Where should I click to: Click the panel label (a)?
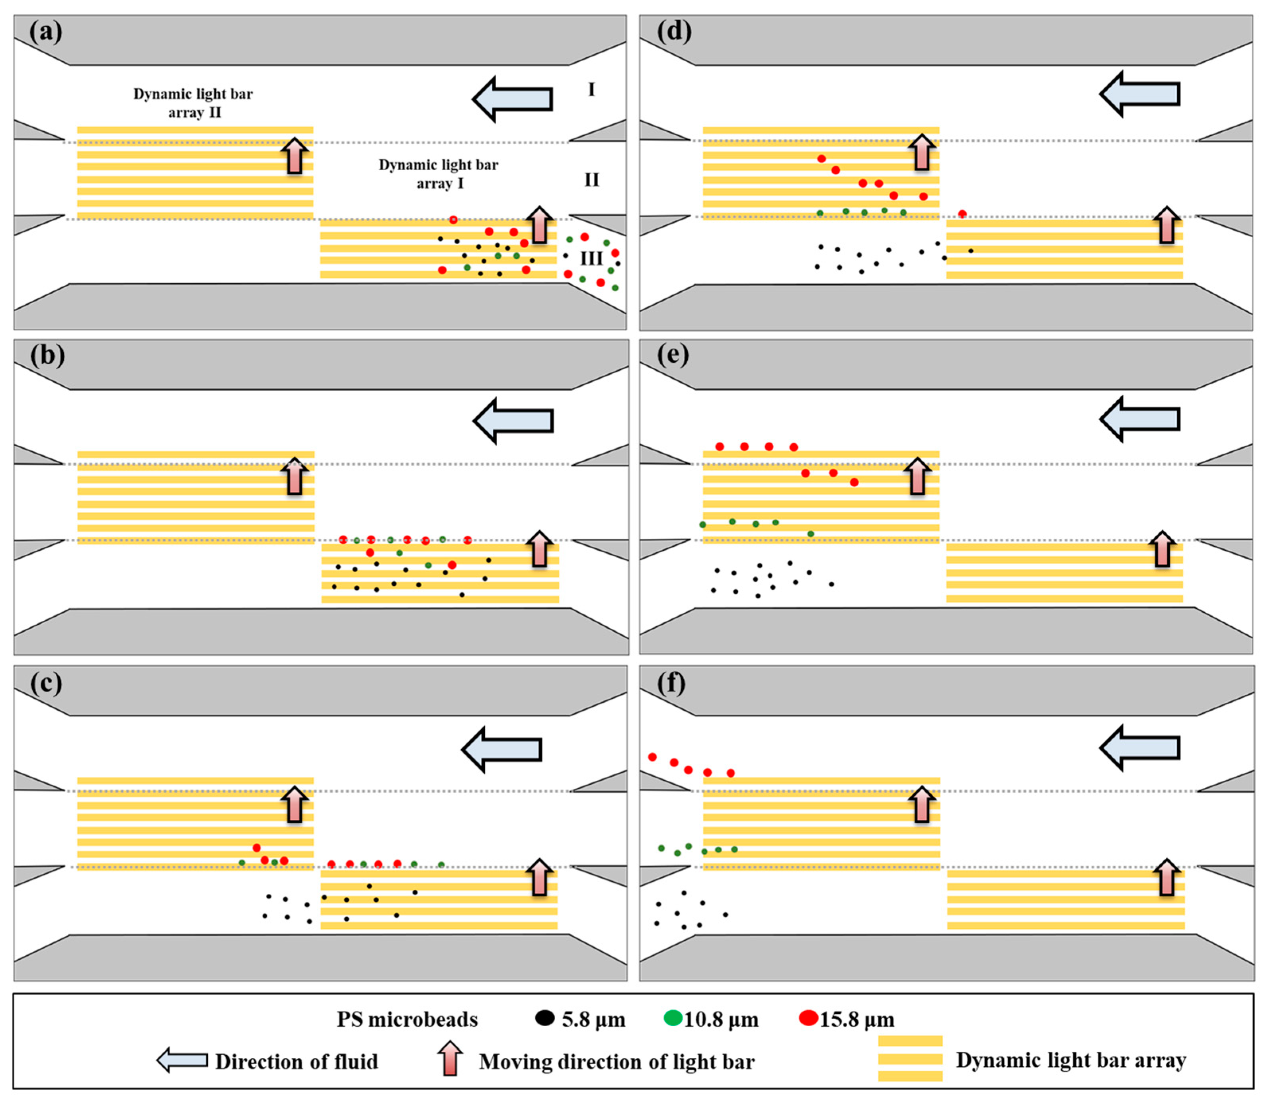tap(46, 31)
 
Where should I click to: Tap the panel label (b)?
tap(47, 356)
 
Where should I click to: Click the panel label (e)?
tap(673, 355)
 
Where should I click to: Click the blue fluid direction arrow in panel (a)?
tap(512, 99)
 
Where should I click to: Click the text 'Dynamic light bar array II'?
tap(193, 103)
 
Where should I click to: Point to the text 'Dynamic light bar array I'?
tap(439, 174)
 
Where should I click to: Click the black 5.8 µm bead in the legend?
tap(545, 1018)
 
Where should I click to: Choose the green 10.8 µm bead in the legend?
tap(673, 1018)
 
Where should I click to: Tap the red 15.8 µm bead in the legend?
tap(808, 1018)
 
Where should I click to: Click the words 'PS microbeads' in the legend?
tap(407, 1019)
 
